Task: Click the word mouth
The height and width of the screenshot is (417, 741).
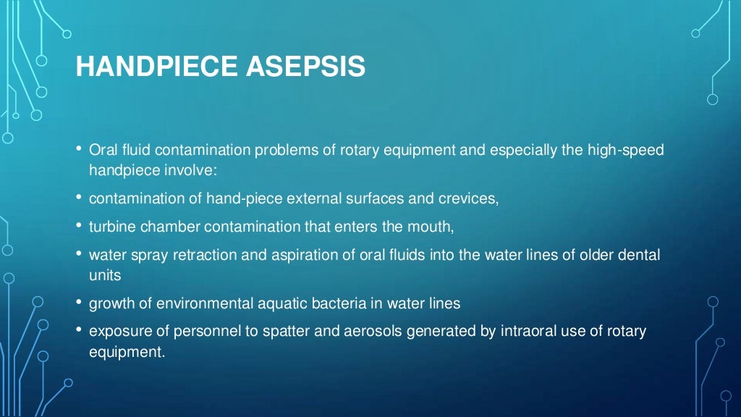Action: tap(433, 227)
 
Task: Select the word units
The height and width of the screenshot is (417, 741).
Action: tap(104, 275)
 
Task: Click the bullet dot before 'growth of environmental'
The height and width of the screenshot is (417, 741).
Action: tap(79, 303)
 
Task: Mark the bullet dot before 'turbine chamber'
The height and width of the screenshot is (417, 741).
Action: tap(79, 226)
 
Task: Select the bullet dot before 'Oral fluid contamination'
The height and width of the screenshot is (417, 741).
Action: tap(79, 149)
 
